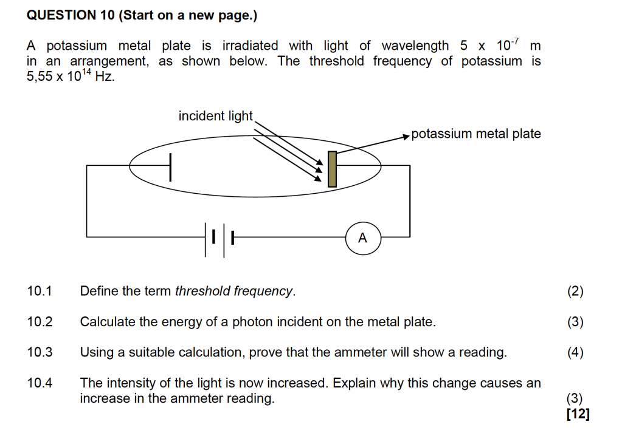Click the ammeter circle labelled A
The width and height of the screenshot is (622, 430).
coord(362,238)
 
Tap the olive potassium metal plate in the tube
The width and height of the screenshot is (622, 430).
coord(332,169)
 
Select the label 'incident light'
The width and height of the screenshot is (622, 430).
coord(215,116)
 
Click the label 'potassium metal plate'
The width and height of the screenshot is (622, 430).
coord(476,134)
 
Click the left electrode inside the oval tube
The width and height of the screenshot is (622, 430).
coord(170,167)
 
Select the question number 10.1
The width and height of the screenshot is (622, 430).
coord(40,291)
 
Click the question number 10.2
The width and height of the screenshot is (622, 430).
coord(40,322)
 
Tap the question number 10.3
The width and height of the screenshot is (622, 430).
coord(40,353)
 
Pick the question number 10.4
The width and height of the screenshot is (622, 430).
coord(40,383)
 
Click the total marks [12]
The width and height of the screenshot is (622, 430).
coord(577,414)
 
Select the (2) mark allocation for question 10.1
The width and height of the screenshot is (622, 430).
coord(575,292)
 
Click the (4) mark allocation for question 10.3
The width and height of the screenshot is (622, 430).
coord(575,353)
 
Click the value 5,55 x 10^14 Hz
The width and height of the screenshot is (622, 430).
coord(71,77)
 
